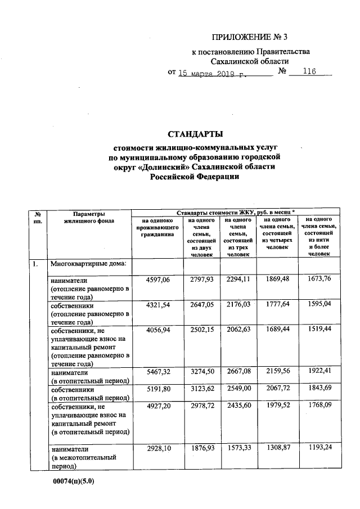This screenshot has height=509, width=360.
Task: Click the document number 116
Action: coord(309,73)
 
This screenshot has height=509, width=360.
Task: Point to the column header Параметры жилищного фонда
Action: coord(89,218)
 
